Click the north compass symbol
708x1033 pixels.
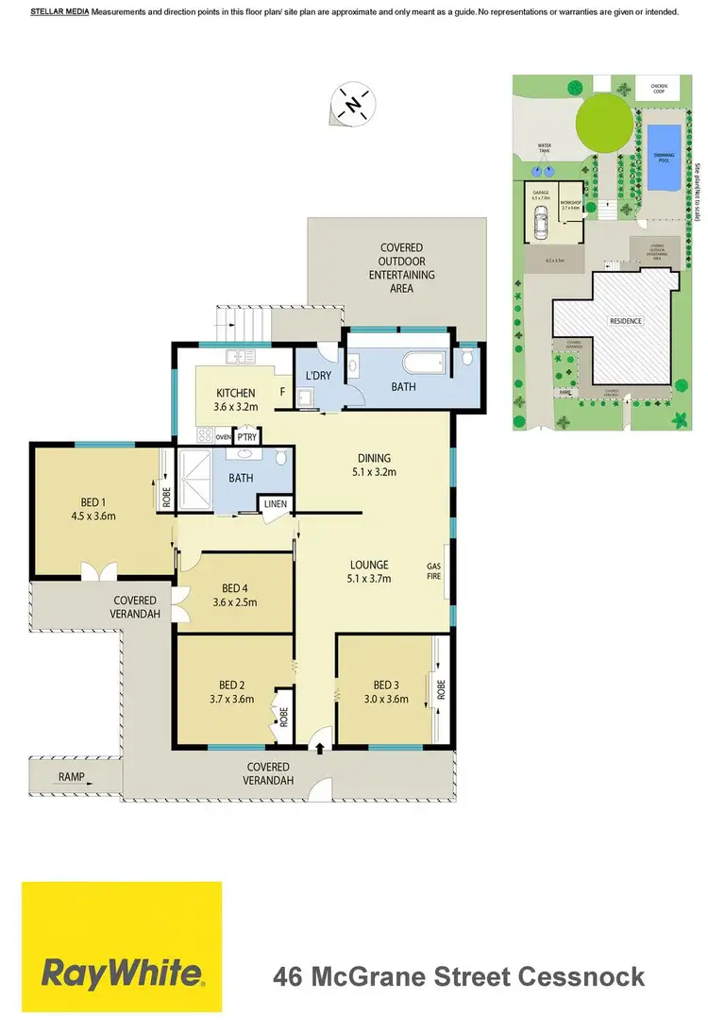[354, 104]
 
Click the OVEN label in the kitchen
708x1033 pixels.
[224, 437]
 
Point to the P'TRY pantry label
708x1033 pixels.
[247, 437]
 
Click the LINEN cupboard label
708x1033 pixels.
[275, 504]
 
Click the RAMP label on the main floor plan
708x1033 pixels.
[71, 778]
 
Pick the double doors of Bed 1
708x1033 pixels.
[98, 572]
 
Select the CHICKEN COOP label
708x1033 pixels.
[658, 88]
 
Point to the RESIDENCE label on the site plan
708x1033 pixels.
[625, 321]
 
